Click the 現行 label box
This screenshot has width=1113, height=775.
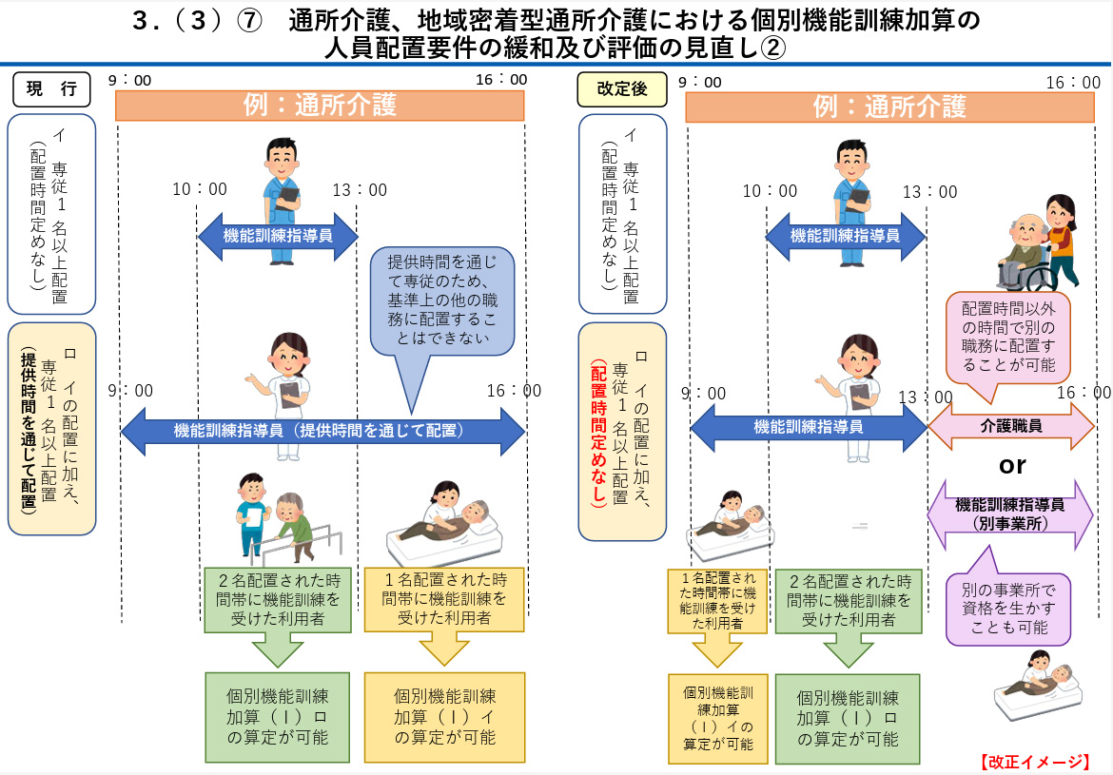pos(51,89)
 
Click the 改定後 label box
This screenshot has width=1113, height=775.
pos(622,89)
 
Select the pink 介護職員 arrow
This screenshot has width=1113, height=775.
pos(1011,426)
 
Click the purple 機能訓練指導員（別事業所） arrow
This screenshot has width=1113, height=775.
pos(1010,514)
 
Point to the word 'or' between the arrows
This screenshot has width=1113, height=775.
pos(1011,466)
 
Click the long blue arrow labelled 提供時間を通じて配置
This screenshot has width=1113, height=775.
pos(323,431)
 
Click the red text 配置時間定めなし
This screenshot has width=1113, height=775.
pos(598,433)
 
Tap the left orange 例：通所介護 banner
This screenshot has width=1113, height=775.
pos(320,105)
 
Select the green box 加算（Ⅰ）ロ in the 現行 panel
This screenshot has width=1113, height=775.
pos(278,717)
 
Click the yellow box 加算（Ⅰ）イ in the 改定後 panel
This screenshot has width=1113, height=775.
pos(717,718)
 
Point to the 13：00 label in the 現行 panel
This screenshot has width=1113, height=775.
pos(360,189)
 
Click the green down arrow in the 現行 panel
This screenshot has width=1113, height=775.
pos(278,649)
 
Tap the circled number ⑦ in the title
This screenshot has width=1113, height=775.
pos(249,21)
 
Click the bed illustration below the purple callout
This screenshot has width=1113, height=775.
pos(1037,684)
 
